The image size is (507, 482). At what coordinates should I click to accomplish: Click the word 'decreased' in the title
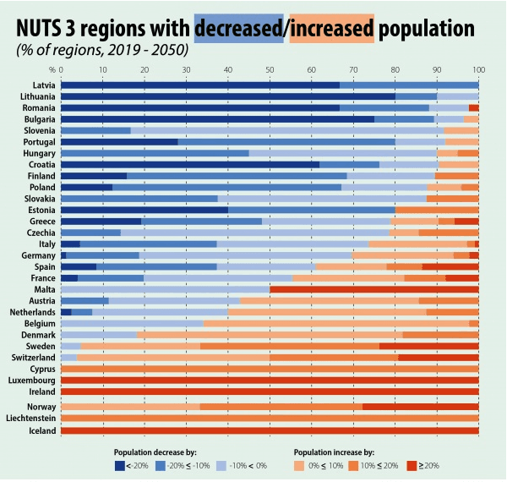238,29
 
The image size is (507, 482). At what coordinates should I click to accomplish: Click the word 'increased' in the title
332,29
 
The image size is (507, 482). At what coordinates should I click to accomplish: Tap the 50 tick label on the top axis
270,70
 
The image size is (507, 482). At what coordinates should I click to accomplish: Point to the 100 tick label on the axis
479,70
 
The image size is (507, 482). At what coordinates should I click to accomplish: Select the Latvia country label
44,85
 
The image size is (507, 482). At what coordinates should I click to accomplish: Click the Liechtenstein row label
30,418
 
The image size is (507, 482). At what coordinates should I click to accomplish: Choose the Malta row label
45,289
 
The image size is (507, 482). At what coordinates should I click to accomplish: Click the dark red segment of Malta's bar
374,289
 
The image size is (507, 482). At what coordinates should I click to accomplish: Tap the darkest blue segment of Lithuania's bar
228,96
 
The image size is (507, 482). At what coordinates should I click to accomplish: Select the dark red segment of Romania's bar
474,108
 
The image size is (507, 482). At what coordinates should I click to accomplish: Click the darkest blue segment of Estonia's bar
144,210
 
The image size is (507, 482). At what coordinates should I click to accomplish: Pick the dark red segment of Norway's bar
421,407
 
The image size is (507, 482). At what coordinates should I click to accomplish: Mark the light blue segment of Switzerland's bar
69,358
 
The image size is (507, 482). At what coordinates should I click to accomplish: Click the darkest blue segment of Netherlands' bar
66,312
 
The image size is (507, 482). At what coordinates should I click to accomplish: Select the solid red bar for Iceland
270,430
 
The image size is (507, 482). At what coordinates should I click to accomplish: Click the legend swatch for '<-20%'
120,466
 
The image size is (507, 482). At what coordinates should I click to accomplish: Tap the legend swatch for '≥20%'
412,466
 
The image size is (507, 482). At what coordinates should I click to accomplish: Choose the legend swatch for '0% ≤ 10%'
299,466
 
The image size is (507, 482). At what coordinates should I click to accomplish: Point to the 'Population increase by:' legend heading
334,452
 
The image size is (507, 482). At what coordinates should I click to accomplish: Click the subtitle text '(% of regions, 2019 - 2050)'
102,50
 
